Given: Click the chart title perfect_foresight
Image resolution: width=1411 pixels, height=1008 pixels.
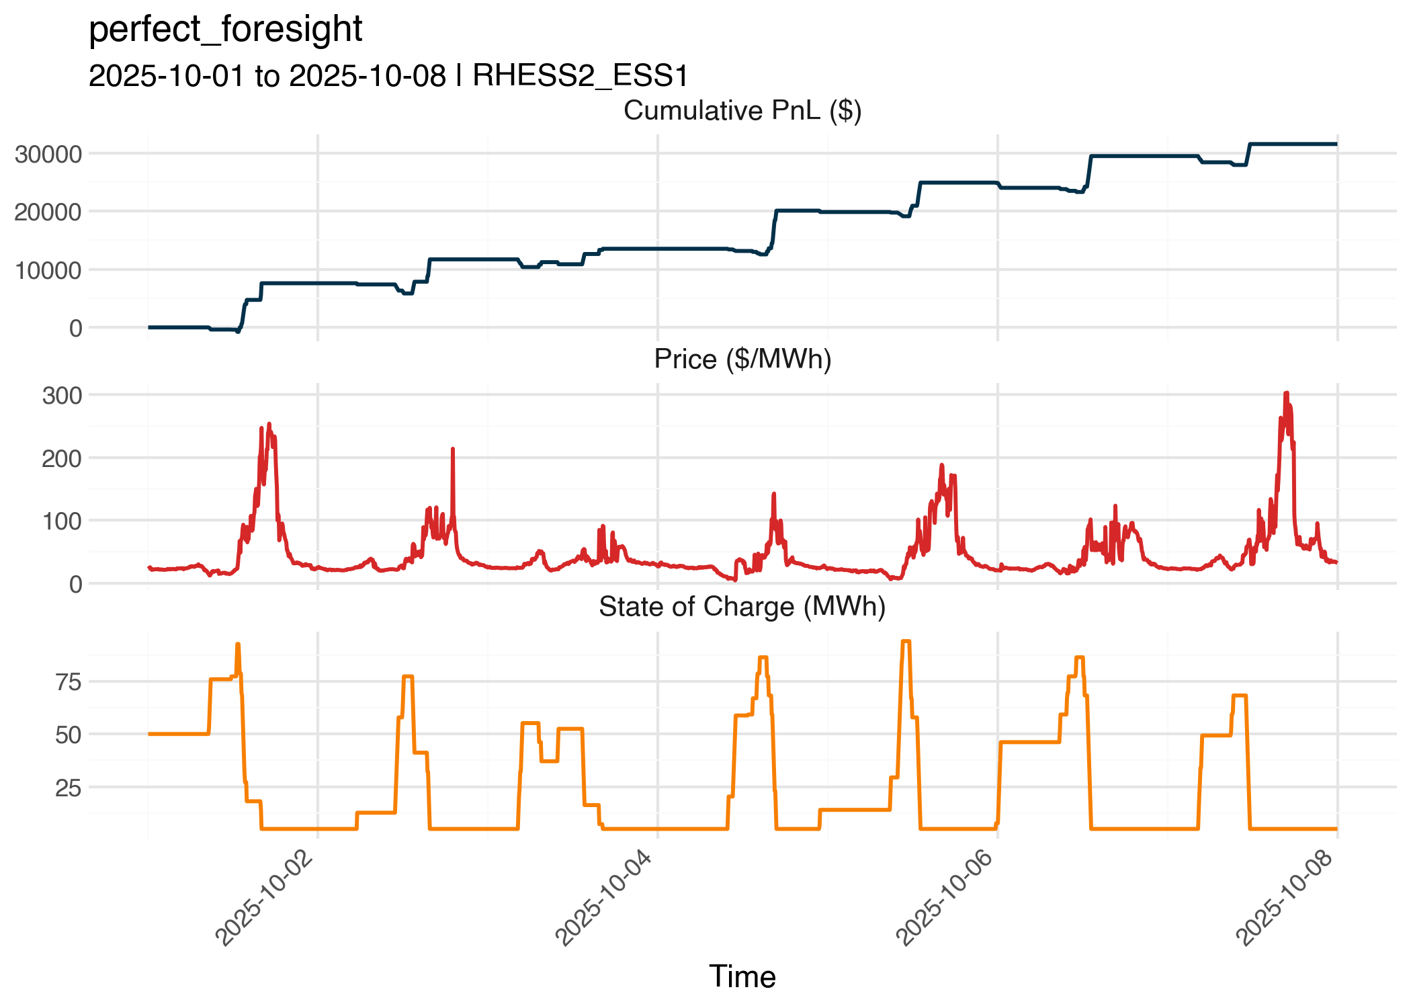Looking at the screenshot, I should pyautogui.click(x=225, y=30).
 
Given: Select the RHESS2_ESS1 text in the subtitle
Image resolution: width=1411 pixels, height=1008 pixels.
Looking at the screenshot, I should pyautogui.click(x=581, y=76).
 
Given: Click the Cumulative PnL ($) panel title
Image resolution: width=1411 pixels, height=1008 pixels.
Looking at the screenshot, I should pyautogui.click(x=742, y=111).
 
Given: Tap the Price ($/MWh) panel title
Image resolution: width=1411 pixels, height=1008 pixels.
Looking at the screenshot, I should pyautogui.click(x=742, y=360).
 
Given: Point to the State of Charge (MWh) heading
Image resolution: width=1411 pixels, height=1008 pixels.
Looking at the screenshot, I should pyautogui.click(x=742, y=607).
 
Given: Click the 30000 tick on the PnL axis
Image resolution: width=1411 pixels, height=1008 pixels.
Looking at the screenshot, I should pyautogui.click(x=48, y=155).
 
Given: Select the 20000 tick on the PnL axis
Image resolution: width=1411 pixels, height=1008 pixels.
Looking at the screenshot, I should pyautogui.click(x=48, y=212).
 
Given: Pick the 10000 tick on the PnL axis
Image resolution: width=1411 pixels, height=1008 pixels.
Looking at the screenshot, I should pyautogui.click(x=48, y=270).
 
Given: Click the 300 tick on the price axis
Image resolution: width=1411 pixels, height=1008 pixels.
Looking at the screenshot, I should pyautogui.click(x=62, y=396).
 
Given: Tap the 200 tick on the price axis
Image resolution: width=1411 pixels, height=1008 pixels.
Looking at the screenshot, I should pyautogui.click(x=62, y=459).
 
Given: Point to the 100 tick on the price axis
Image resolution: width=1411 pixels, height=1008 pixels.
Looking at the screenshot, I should pyautogui.click(x=62, y=521).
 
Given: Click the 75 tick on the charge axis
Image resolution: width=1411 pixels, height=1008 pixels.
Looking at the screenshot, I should pyautogui.click(x=68, y=683).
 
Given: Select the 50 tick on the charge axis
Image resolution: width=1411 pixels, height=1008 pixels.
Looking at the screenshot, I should pyautogui.click(x=68, y=735).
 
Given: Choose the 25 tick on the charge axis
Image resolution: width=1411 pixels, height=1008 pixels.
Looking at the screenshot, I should pyautogui.click(x=68, y=788).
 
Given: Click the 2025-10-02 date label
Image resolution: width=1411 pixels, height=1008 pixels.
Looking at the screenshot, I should pyautogui.click(x=265, y=898).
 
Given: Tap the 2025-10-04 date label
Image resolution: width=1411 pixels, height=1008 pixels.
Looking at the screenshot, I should pyautogui.click(x=605, y=898).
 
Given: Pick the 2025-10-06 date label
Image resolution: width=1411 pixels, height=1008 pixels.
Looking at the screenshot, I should pyautogui.click(x=945, y=898).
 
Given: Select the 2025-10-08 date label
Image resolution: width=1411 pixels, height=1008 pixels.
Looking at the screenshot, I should pyautogui.click(x=1285, y=898).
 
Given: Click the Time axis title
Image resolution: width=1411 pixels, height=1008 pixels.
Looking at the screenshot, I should pyautogui.click(x=742, y=976).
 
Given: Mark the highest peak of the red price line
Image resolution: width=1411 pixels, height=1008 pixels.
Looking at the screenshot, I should pyautogui.click(x=1286, y=393).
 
